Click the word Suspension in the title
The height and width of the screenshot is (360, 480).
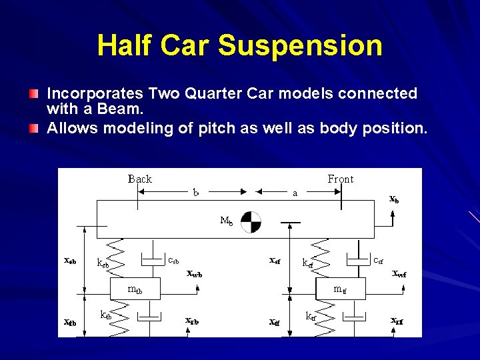tap(300, 45)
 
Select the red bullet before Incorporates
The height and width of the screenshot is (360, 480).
tap(34, 94)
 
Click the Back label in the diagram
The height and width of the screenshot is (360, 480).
tap(140, 179)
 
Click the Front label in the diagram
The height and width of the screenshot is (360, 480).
tap(341, 179)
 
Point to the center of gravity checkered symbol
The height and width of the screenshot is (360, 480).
tap(251, 222)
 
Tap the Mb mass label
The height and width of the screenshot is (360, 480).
tap(227, 221)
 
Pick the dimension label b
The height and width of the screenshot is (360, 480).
tap(196, 193)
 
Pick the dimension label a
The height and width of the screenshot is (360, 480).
tap(295, 193)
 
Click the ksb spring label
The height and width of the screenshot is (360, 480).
tap(103, 263)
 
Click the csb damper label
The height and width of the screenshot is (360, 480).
tap(173, 260)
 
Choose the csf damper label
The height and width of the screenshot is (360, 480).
tap(378, 260)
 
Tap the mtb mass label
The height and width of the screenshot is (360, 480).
tap(135, 290)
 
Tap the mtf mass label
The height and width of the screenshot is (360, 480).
tap(340, 290)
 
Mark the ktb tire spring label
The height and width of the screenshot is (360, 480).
tap(105, 315)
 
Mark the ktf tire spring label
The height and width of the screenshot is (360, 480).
tap(311, 316)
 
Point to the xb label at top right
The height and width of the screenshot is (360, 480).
tap(395, 198)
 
